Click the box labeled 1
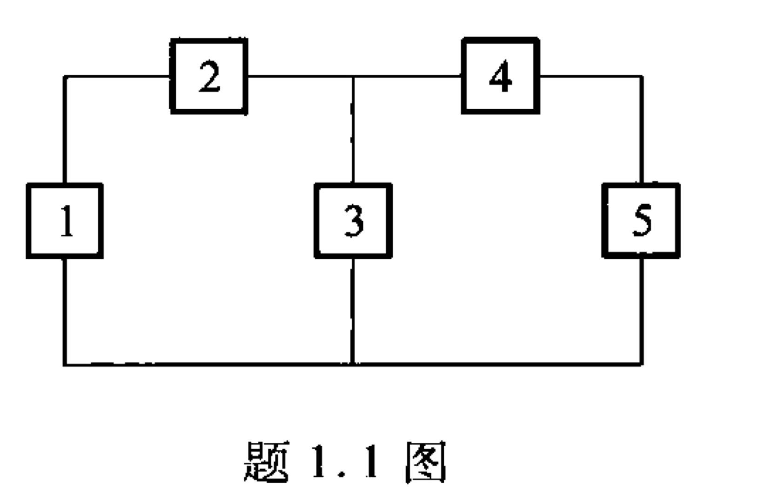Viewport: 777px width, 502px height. point(65,221)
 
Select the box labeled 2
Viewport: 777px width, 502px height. point(209,76)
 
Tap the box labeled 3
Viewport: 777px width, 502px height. point(353,221)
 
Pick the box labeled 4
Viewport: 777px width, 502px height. point(501,76)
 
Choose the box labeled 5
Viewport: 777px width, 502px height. point(641,221)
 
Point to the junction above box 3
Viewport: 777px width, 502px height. point(353,76)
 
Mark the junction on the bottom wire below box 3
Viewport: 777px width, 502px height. point(353,364)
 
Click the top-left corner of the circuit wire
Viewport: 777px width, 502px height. point(65,76)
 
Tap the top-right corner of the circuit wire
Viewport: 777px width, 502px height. point(642,76)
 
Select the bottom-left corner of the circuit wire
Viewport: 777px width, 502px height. point(65,364)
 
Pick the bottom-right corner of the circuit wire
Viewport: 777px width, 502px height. point(642,364)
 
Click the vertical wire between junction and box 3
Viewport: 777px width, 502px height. point(353,130)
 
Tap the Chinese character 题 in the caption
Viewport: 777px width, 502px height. point(266,462)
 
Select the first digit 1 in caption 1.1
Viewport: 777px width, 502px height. point(320,462)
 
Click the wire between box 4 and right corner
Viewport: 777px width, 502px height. point(591,76)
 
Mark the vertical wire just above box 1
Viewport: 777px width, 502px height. point(65,130)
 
